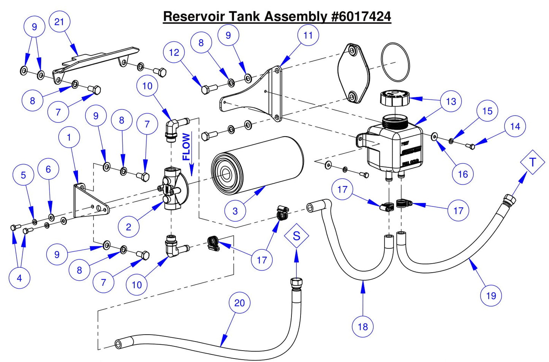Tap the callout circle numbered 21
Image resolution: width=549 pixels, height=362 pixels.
[59, 22]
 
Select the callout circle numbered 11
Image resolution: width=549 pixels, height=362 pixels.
[308, 35]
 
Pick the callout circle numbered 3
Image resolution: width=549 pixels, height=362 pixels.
[235, 211]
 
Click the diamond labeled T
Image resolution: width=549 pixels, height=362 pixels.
[532, 162]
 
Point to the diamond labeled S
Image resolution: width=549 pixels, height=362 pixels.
[296, 236]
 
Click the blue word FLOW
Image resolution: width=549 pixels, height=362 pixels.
[186, 147]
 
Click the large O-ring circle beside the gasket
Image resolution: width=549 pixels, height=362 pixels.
[395, 62]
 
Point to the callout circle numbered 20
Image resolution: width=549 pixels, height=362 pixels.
[239, 303]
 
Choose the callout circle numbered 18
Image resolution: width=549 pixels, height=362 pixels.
[362, 327]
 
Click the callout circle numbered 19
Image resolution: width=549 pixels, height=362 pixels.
[491, 296]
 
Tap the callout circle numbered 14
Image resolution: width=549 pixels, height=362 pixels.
[515, 127]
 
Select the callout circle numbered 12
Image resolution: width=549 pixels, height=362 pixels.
[174, 52]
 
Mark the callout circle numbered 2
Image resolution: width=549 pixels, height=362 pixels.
[128, 227]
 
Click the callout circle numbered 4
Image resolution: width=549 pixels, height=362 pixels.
[19, 278]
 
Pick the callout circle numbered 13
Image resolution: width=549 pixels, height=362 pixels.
[451, 102]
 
